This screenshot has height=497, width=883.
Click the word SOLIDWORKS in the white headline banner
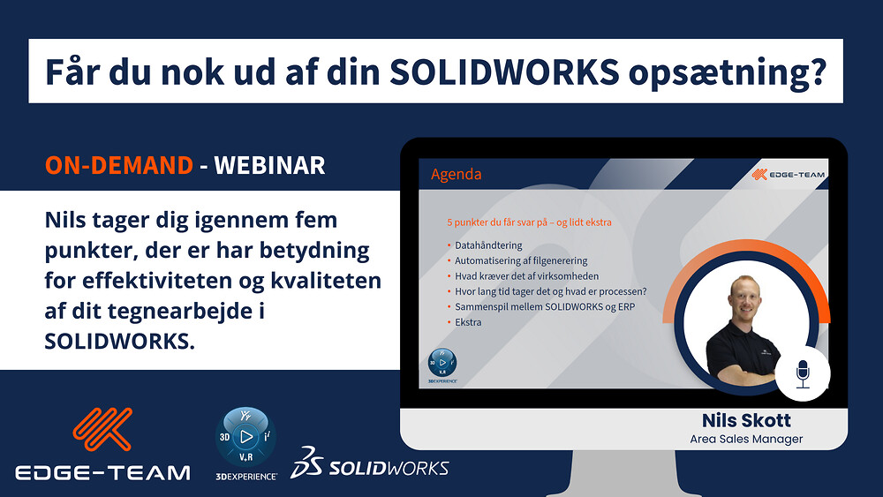tap(504, 72)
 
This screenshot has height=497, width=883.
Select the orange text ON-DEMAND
tap(119, 165)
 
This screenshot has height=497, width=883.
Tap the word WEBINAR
tap(269, 165)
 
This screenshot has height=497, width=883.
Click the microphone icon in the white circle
tap(803, 374)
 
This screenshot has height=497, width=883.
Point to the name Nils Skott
tap(746, 420)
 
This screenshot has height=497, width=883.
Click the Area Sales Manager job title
tap(746, 439)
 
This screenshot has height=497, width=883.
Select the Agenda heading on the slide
tap(457, 175)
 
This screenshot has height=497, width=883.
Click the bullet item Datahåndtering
tap(488, 245)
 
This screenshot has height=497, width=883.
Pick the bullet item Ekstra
tap(468, 322)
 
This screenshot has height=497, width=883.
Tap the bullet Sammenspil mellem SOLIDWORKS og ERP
tap(545, 306)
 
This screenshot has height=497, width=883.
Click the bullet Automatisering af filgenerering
tap(521, 260)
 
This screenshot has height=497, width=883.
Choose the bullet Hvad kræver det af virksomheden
tap(526, 276)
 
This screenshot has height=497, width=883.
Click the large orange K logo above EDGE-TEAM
tap(102, 429)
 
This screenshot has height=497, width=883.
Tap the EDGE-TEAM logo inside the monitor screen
tap(789, 175)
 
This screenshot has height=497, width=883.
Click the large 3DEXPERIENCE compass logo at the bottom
tap(246, 437)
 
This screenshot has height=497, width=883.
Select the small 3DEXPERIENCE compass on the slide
tap(442, 363)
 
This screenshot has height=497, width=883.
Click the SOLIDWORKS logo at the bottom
tap(369, 463)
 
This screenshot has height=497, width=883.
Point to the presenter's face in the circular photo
tap(744, 297)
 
